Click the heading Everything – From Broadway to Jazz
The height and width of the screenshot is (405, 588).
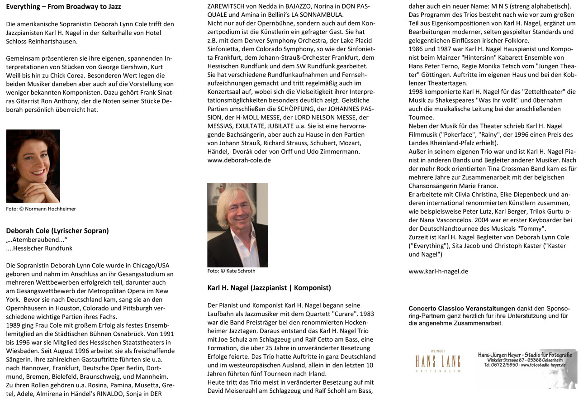coord(63,7)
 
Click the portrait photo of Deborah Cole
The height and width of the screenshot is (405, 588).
coord(33,166)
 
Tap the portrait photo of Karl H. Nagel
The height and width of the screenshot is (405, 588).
coord(237,225)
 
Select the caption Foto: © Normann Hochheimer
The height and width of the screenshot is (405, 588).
coord(41,209)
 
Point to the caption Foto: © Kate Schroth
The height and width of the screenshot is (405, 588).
coord(231,271)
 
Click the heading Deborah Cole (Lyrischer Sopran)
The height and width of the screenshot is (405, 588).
coord(57,231)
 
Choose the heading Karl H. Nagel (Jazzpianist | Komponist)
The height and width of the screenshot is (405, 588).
coord(269,288)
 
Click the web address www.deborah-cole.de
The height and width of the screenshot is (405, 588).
coord(239,160)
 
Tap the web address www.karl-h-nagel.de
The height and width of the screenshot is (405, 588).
coord(438,272)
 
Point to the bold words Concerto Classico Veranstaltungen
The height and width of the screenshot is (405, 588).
coord(461,309)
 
